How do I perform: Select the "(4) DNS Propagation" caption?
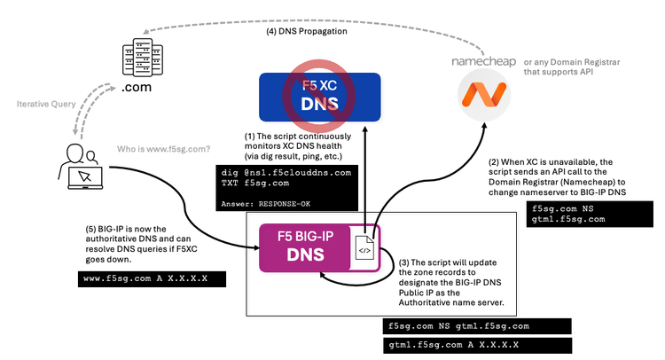(x=307, y=32)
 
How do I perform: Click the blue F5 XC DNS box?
(x=320, y=98)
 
